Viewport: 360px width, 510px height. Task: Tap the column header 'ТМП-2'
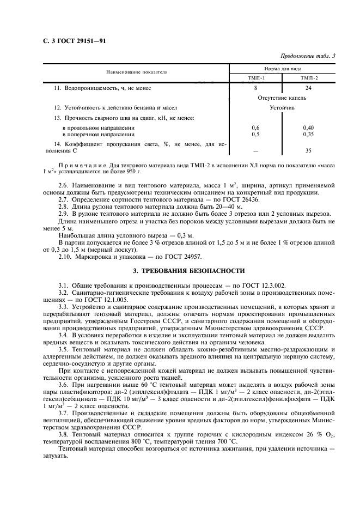[309, 78]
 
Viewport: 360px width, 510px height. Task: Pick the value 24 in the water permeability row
[309, 88]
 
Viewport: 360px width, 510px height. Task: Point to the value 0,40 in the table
[309, 127]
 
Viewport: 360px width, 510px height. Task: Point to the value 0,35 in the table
[309, 133]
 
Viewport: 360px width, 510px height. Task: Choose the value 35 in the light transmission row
[309, 150]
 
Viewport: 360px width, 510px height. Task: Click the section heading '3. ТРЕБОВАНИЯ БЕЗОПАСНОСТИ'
[180, 270]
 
